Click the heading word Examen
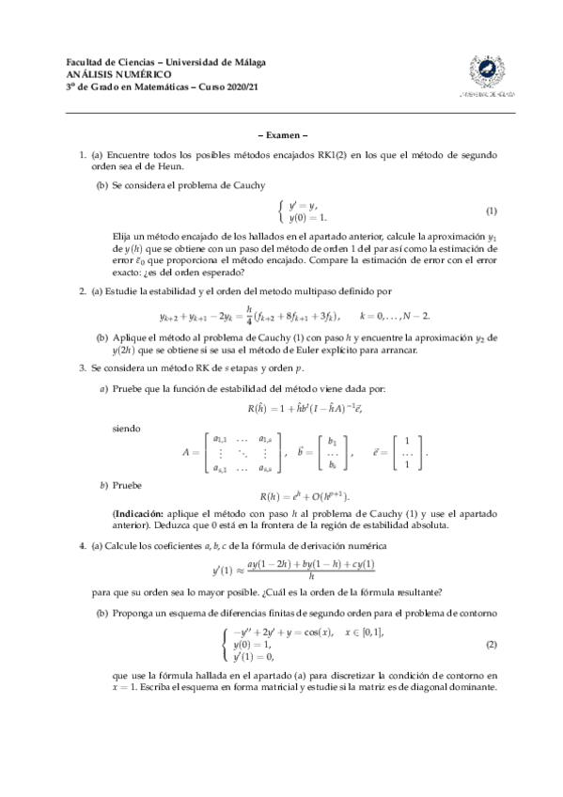282,134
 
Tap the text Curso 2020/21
229,86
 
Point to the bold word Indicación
141,514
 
